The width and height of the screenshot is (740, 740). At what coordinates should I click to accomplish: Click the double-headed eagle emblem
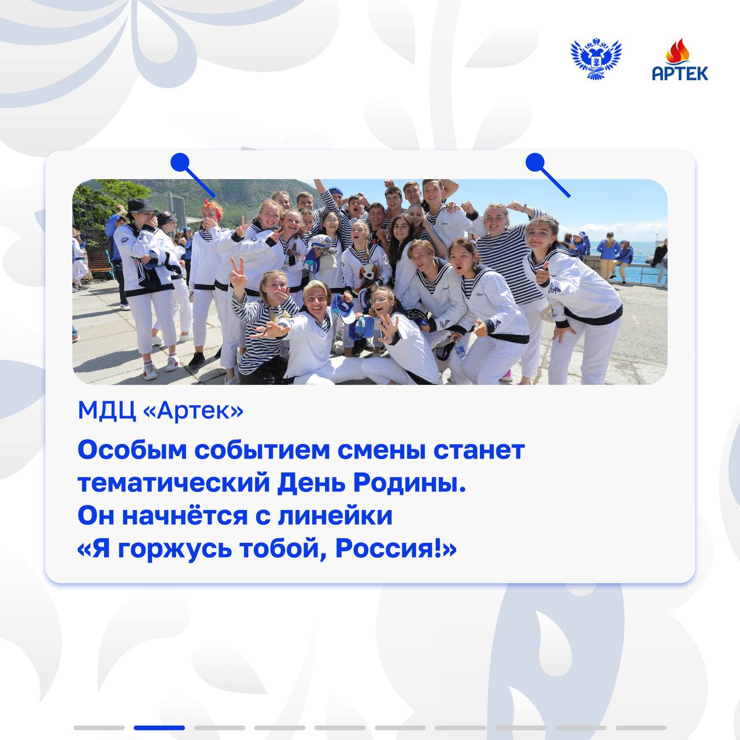pyautogui.click(x=595, y=58)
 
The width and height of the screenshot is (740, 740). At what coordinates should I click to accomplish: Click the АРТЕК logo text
pyautogui.click(x=680, y=73)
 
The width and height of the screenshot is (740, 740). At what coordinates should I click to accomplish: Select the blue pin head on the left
pyautogui.click(x=180, y=162)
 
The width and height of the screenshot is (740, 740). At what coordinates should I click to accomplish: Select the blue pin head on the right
pyautogui.click(x=535, y=162)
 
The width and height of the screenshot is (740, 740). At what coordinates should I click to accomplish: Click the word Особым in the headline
pyautogui.click(x=132, y=450)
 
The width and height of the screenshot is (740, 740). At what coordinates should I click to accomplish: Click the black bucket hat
pyautogui.click(x=141, y=206)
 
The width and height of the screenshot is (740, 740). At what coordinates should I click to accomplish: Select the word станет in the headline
pyautogui.click(x=479, y=450)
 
